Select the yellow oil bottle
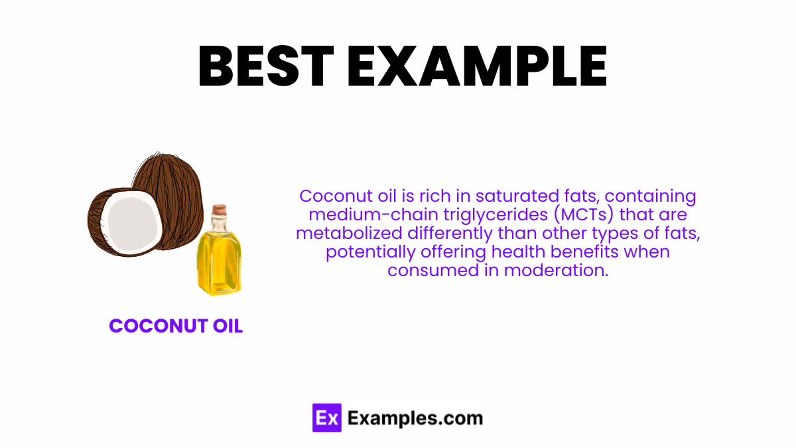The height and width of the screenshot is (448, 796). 218,259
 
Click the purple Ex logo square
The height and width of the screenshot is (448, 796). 326,418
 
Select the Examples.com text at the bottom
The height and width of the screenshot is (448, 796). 415,418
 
